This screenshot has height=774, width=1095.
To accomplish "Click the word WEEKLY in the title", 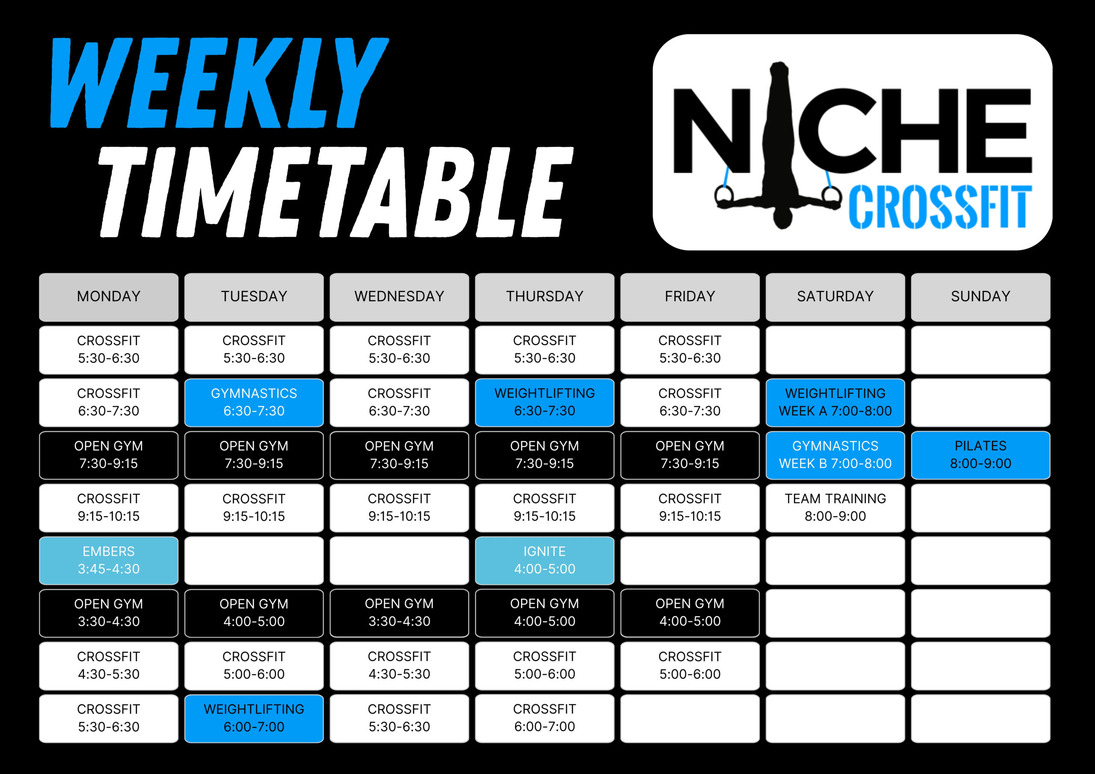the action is (219, 83).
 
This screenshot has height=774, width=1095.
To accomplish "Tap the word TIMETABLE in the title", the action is (336, 192).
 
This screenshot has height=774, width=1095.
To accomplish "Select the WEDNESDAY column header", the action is (399, 297).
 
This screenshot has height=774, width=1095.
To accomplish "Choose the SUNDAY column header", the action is (980, 297).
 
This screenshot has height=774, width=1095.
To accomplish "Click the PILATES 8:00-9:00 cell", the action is (980, 455).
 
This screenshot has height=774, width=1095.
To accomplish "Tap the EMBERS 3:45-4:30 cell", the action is (109, 560).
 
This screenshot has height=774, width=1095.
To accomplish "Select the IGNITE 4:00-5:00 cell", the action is (545, 560).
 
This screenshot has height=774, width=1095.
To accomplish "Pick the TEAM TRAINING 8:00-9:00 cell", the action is (835, 508).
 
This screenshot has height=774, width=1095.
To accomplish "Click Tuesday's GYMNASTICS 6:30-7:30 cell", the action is (254, 402).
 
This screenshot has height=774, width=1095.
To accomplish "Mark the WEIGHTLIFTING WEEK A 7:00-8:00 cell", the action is (835, 402).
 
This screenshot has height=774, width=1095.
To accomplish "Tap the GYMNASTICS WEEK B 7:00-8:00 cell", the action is (835, 455).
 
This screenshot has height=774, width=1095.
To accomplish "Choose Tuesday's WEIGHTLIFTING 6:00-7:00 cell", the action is (254, 718).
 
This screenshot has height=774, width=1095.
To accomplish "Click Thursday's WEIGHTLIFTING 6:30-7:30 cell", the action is (545, 402).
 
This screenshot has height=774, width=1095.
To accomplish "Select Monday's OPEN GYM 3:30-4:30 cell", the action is (109, 613).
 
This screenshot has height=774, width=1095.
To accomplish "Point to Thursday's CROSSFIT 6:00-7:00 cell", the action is (545, 718).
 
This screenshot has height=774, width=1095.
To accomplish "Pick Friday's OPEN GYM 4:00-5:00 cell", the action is (690, 613).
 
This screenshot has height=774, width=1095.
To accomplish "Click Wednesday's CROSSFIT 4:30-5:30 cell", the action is (399, 666).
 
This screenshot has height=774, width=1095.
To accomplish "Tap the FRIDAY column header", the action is (690, 297).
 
